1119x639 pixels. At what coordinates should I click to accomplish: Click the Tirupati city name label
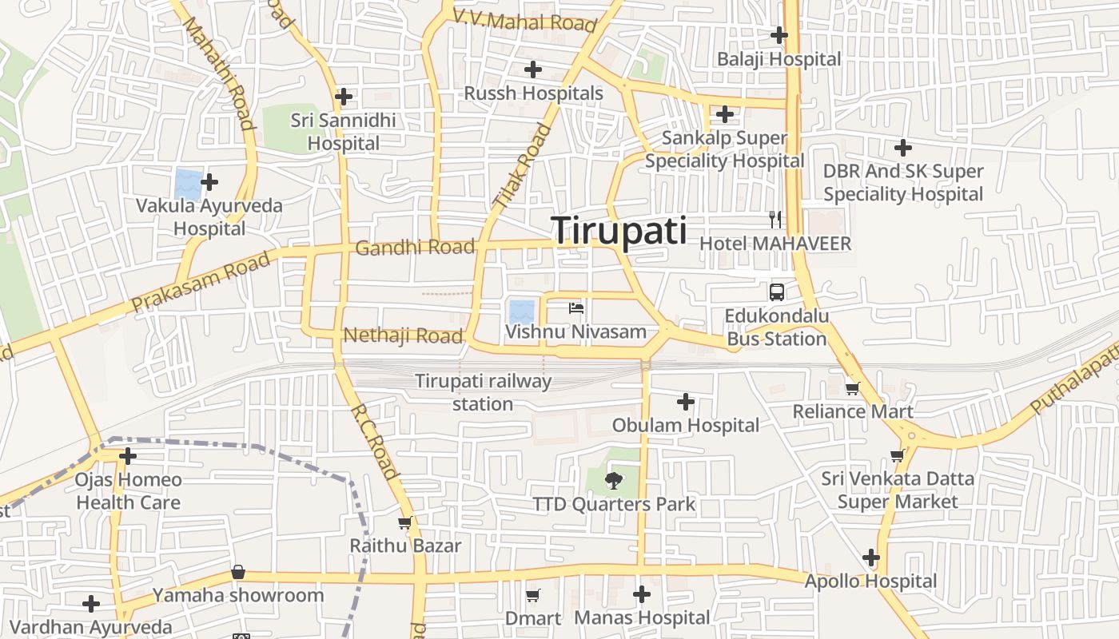(619, 231)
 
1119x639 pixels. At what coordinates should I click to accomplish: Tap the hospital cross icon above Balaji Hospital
(779, 35)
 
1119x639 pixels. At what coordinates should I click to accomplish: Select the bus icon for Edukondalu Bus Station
(776, 292)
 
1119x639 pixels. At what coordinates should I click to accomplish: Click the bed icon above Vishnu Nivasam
(576, 308)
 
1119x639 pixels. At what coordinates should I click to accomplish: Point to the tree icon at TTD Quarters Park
(614, 480)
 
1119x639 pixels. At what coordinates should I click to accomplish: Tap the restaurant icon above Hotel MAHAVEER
(775, 219)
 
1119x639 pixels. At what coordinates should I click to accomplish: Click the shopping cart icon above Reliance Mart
(852, 388)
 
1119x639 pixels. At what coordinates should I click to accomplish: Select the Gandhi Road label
(415, 248)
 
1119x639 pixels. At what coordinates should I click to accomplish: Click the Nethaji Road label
(403, 335)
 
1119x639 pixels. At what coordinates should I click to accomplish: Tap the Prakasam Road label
(201, 284)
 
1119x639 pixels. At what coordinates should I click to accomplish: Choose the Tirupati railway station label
(483, 392)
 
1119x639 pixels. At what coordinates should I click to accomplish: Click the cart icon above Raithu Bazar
(404, 523)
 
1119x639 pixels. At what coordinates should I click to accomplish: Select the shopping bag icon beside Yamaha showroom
(238, 573)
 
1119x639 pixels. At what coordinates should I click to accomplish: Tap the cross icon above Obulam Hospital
(685, 401)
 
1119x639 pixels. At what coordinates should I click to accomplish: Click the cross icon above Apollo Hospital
(871, 558)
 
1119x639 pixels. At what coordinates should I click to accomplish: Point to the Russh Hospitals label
(534, 93)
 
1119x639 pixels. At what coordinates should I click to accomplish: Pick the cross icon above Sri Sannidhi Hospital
(344, 97)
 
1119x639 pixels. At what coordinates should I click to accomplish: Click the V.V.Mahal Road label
(525, 20)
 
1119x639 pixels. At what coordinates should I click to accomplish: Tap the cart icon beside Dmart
(533, 595)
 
